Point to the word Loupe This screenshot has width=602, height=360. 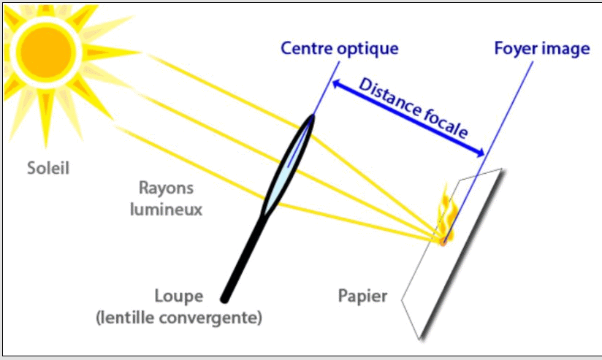pos(180,297)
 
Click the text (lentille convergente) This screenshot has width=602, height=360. pos(178,318)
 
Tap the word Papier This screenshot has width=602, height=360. pos(362,296)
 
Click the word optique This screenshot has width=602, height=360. pos(370,50)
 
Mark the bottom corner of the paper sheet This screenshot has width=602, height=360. pos(420,337)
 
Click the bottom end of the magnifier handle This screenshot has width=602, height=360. pos(226,297)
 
